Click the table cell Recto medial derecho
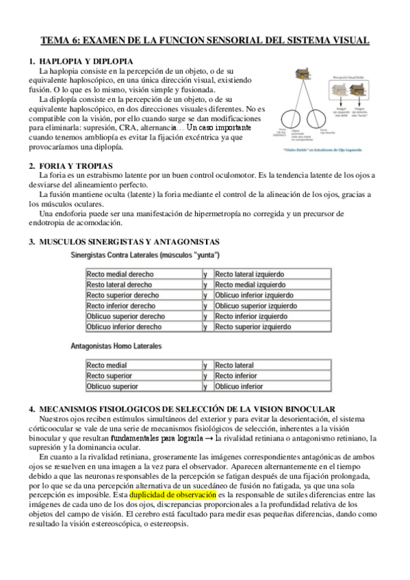pyautogui.click(x=120, y=274)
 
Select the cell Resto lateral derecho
pyautogui.click(x=120, y=285)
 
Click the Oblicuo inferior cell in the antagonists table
pyautogui.click(x=239, y=386)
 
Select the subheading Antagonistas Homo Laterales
pyautogui.click(x=116, y=347)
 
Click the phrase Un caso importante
pyautogui.click(x=219, y=128)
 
